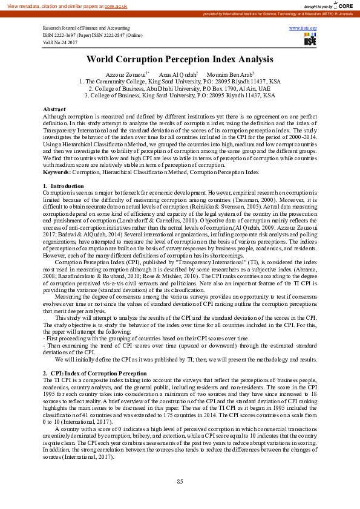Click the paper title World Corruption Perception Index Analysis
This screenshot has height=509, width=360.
[180, 60]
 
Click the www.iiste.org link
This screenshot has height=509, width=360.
[303, 28]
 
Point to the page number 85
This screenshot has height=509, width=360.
[180, 481]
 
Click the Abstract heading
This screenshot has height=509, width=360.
[54, 109]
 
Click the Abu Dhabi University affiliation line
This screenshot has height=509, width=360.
[180, 88]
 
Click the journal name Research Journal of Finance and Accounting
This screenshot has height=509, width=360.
[87, 29]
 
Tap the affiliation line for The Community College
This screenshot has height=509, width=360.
[180, 81]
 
